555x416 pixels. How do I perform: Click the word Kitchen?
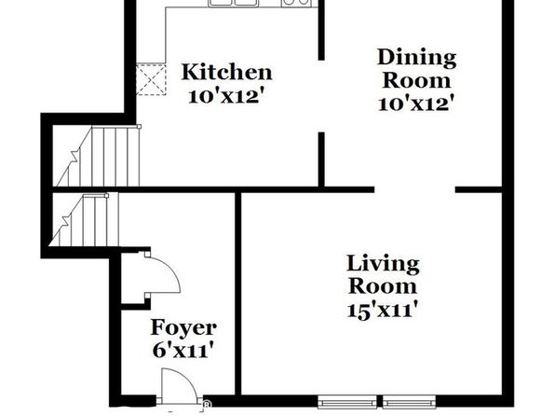[226, 72]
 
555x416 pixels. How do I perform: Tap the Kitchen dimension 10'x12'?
[226, 96]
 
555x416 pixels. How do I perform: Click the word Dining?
[416, 59]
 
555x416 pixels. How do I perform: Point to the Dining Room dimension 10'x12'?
[416, 104]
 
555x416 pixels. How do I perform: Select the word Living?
[383, 265]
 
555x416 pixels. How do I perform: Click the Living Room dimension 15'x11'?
[382, 311]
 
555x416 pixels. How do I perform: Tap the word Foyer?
[183, 328]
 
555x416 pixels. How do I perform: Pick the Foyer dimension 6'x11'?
[183, 351]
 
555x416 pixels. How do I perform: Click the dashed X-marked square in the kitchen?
[151, 79]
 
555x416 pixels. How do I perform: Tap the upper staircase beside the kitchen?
[99, 156]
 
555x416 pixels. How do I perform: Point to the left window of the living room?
[347, 402]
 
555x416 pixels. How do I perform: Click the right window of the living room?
[409, 402]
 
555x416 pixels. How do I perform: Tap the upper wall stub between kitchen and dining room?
[321, 30]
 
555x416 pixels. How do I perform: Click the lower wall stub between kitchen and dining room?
[321, 159]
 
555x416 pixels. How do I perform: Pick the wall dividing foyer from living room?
[238, 294]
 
